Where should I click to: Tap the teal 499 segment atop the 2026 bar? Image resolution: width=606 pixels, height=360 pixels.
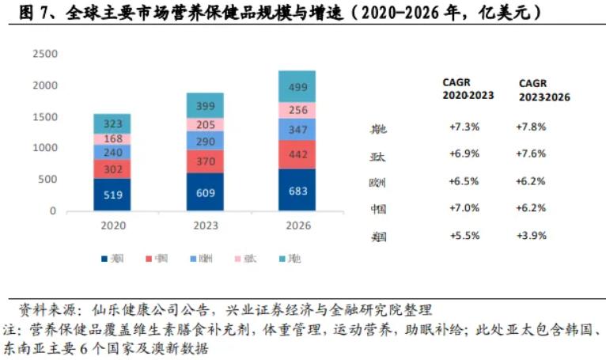point(297,86)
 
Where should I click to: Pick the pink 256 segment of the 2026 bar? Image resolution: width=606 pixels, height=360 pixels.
point(297,110)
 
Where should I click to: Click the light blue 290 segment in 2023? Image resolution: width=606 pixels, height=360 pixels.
point(205,140)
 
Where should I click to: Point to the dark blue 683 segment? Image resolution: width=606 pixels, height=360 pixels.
point(297,190)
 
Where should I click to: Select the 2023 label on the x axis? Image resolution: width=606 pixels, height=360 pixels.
point(205,225)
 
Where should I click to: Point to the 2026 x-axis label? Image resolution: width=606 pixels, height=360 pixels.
point(297,225)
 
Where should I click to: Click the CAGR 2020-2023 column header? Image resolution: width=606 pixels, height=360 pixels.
point(468,89)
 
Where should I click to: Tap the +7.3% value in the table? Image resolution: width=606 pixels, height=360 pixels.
point(465,127)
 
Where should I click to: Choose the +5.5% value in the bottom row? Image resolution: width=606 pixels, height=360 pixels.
point(465,236)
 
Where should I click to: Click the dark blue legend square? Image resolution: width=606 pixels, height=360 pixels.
point(104,259)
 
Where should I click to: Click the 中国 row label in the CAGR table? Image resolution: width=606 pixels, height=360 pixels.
point(378,210)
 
